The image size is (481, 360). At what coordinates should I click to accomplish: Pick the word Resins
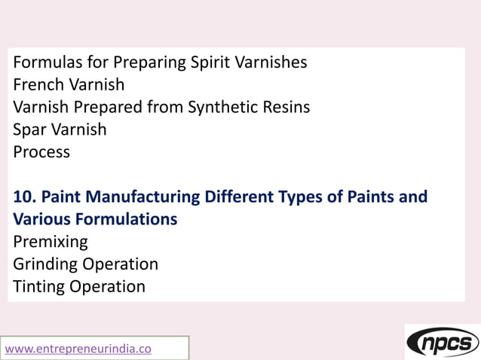[x=286, y=107]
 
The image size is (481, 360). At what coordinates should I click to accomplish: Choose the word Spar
[x=29, y=130]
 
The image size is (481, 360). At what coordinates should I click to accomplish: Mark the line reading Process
[x=41, y=152]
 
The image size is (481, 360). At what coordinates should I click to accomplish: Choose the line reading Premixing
[x=51, y=243]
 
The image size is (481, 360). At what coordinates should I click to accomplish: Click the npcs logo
[x=443, y=343]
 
